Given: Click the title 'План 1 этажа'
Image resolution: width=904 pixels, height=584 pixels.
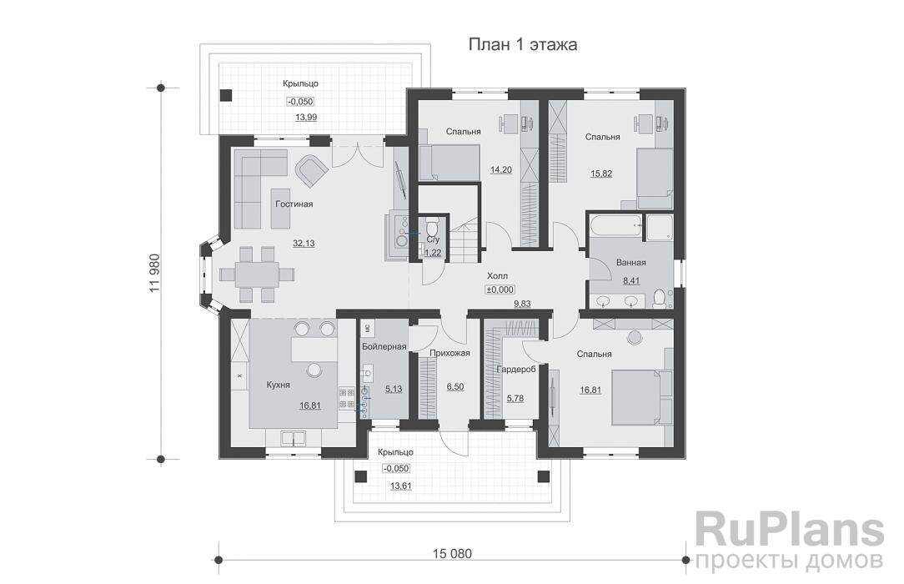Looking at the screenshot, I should (523, 44).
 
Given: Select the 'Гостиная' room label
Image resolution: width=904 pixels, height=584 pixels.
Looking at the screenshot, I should (293, 204).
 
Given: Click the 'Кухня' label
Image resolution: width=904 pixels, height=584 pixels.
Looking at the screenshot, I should (278, 385).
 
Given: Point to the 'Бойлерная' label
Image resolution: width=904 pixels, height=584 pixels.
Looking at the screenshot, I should (384, 346).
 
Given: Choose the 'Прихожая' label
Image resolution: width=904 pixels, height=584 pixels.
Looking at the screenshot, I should (449, 353).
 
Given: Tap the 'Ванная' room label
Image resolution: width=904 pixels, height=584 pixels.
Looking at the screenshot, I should (630, 263).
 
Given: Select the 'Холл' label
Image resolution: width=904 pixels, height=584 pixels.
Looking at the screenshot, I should (498, 274).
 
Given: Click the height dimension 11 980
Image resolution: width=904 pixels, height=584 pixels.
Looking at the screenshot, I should (153, 273).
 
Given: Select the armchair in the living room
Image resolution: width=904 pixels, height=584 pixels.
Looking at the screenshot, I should (311, 170).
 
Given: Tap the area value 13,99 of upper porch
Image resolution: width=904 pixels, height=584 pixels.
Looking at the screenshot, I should (305, 118).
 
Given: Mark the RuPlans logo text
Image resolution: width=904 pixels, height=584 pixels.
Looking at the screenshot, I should (789, 530).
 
